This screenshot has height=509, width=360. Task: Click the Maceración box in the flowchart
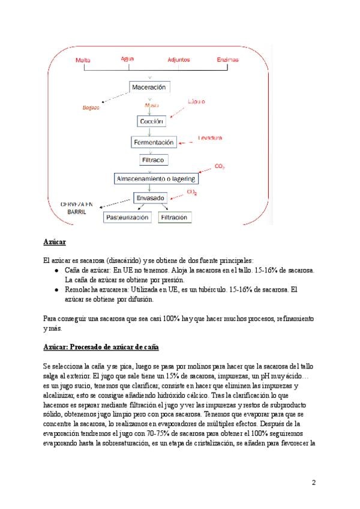point(149,88)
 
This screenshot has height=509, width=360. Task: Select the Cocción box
point(152,121)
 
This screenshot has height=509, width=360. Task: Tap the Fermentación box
point(153,143)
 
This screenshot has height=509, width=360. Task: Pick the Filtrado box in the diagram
point(152,160)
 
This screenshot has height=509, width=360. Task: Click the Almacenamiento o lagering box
point(155,179)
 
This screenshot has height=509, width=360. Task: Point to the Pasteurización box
point(127,217)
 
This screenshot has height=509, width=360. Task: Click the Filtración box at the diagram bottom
point(174,217)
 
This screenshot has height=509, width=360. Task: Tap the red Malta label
point(82,60)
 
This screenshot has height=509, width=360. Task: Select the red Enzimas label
point(227,60)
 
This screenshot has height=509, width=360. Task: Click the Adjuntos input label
point(179,60)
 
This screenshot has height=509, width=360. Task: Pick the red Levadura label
point(210,138)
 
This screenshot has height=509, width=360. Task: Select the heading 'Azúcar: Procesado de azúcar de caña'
point(101,348)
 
